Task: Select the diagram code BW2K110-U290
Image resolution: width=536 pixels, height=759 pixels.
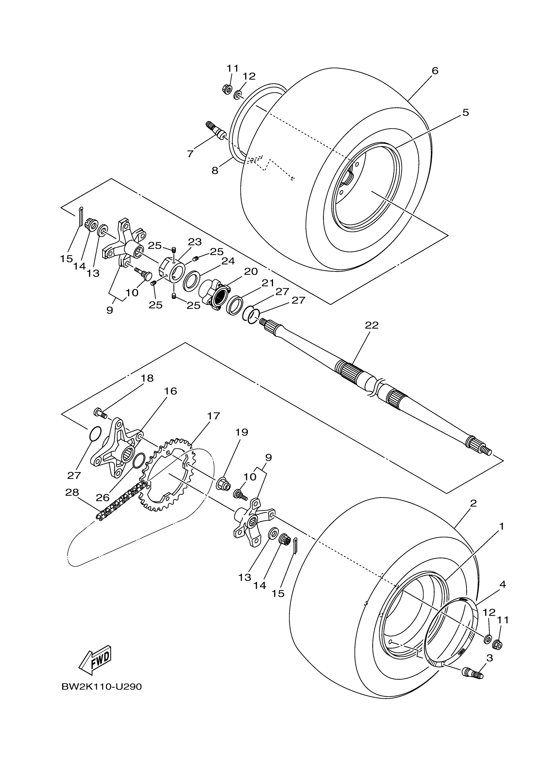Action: pos(102,687)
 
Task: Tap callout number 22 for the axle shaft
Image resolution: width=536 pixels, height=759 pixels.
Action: pos(371,325)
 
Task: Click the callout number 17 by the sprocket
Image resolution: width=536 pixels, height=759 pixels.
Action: pos(213,416)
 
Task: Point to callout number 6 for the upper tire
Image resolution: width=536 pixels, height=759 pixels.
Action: pos(434,71)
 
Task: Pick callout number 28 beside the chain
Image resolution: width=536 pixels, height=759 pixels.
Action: pos(72,493)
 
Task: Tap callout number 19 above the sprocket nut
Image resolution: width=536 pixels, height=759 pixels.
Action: pos(242,432)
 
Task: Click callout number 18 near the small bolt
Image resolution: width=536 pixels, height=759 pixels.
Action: pos(147,378)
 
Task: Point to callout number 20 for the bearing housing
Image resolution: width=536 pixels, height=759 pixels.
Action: pos(251,271)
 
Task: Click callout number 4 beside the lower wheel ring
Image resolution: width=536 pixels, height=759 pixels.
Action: pos(502,584)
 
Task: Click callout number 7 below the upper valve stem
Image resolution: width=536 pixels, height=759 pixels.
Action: pos(190,154)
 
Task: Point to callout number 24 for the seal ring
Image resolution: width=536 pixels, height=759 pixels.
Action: pos(228,261)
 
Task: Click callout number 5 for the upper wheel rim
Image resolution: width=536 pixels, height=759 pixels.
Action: pos(465,112)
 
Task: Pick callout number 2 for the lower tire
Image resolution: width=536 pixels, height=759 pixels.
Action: pos(473,503)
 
